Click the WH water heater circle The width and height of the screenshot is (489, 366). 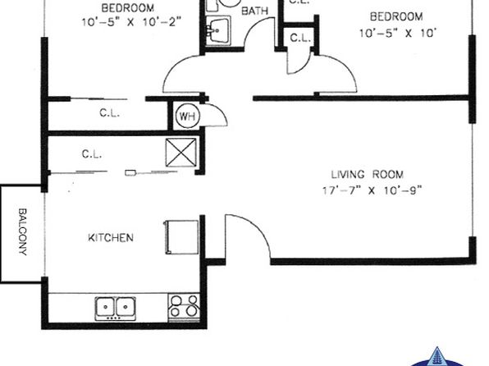coord(187,117)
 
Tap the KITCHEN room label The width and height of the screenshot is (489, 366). coord(111,238)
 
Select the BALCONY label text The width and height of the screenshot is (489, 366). coord(22,232)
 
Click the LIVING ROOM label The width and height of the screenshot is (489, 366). coord(367,174)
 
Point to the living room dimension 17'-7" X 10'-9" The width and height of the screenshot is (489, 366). coord(372,190)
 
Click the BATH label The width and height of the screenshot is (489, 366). coord(255,11)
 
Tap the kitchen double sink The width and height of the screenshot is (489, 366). coord(116,309)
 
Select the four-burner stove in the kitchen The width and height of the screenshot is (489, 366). coord(184,307)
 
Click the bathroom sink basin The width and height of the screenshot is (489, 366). coord(218,30)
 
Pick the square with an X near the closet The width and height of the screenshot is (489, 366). coord(181,153)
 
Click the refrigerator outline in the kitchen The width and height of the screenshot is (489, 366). coord(181,237)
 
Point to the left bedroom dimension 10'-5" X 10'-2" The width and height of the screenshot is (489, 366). coord(131,22)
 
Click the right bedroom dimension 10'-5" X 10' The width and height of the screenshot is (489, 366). coord(397,33)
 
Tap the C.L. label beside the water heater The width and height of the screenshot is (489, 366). coord(109,112)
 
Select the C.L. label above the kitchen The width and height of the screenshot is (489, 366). coord(92,153)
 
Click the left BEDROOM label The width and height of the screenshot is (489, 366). coord(127,7)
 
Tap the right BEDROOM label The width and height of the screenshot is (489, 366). coord(396,16)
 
